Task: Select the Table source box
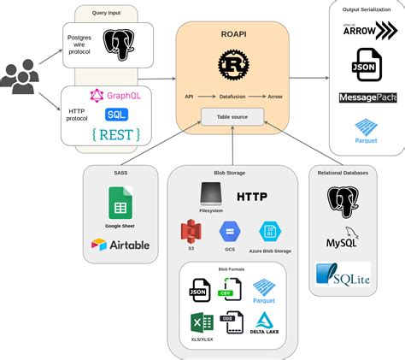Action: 232,116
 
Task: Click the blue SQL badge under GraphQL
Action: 115,114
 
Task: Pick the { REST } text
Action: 115,133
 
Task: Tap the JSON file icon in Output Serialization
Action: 366,65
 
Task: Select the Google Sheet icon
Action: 120,204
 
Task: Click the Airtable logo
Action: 120,245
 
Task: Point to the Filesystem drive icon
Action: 211,193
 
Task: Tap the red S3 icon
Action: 191,231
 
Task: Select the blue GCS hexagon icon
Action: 229,231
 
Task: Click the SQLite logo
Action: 342,274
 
